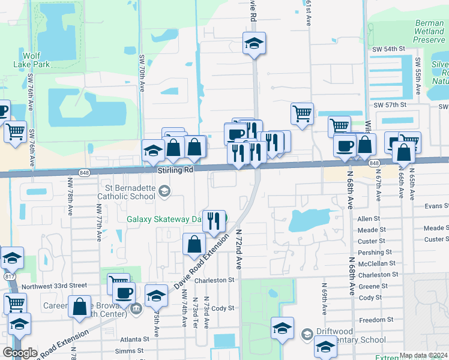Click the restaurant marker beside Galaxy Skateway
tap(214, 221)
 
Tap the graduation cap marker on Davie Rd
tap(254, 43)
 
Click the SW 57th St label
tap(390, 104)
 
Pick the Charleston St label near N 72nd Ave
tap(214, 280)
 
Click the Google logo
tap(20, 352)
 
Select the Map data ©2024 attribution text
tap(423, 355)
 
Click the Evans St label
tap(436, 205)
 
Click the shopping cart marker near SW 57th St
tap(302, 112)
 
